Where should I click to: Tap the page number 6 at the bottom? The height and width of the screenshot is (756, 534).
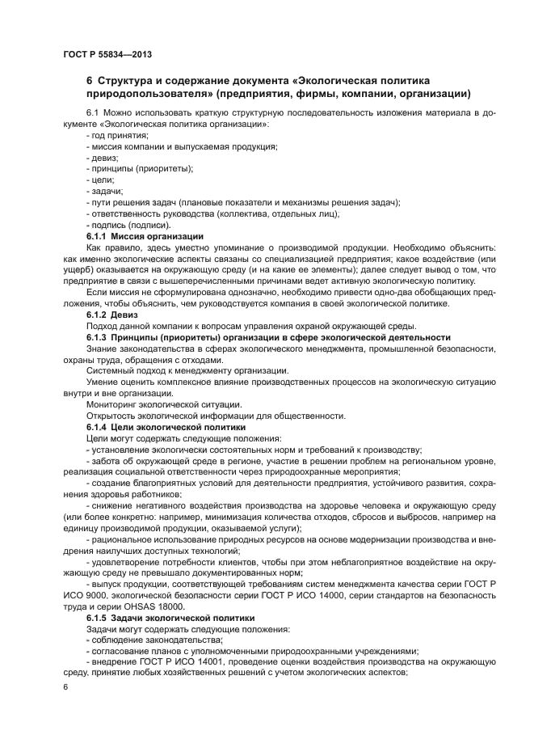(x=65, y=686)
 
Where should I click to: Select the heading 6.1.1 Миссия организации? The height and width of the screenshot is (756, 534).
(x=145, y=235)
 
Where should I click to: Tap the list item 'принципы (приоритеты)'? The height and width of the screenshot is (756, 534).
(x=140, y=168)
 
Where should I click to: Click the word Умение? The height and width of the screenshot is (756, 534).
(x=102, y=381)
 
